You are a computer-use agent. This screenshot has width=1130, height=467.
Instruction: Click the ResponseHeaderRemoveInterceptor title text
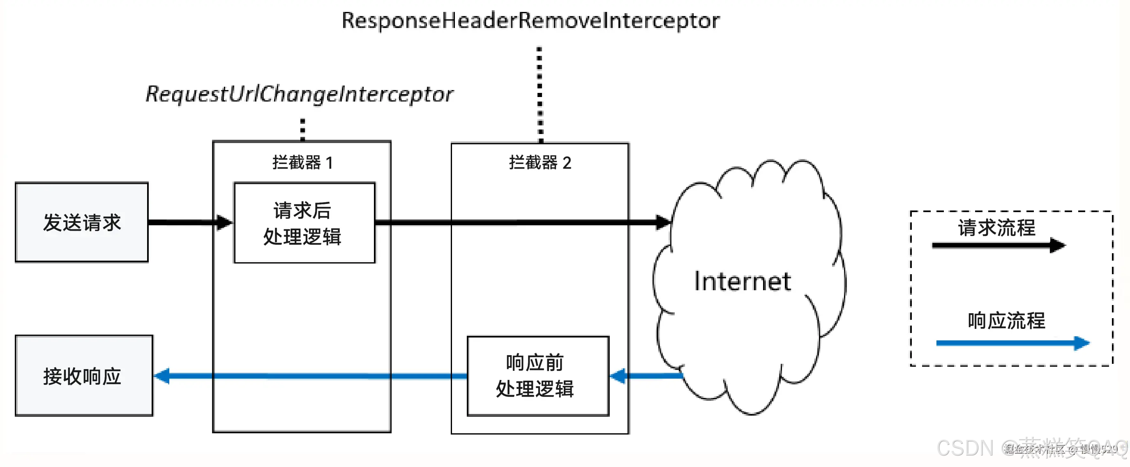click(530, 21)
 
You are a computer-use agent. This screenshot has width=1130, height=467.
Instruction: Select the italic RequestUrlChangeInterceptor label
click(300, 94)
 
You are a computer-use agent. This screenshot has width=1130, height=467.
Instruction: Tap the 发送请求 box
click(82, 222)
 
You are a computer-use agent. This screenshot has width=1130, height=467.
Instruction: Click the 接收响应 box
click(83, 376)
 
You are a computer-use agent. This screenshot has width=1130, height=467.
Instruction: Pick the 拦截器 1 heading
click(302, 163)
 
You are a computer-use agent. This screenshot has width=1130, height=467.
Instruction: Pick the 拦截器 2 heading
click(540, 163)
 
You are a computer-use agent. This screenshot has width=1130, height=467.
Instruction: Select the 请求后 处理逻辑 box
click(304, 223)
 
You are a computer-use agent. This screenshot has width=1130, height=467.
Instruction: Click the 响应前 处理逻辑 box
click(537, 376)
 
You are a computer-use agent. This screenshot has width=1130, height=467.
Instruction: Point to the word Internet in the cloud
click(742, 281)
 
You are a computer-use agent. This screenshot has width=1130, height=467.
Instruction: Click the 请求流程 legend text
click(996, 228)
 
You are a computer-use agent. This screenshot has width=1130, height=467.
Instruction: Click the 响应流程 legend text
click(1006, 320)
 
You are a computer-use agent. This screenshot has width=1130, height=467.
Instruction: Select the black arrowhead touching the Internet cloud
click(663, 222)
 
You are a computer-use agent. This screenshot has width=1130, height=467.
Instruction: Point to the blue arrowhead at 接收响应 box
click(162, 376)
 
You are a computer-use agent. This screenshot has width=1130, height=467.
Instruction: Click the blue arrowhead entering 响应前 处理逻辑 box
click(618, 376)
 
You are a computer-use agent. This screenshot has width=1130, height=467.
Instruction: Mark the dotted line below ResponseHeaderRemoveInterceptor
click(540, 95)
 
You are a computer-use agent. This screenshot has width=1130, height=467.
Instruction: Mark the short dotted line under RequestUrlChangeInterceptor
click(302, 129)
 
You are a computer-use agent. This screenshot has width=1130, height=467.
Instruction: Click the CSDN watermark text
click(965, 448)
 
